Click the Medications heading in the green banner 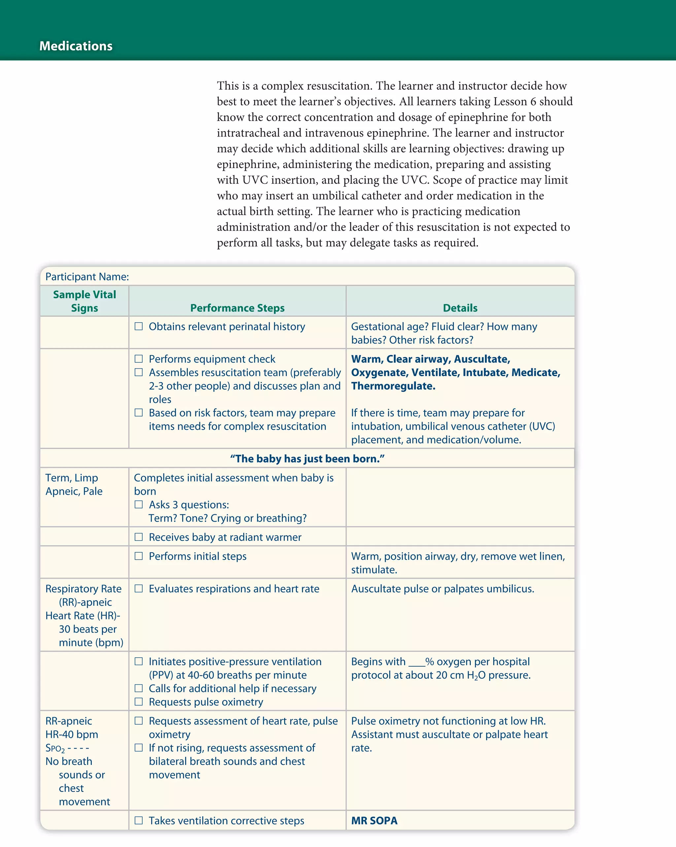pos(76,46)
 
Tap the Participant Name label pos(87,277)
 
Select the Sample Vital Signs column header pos(84,301)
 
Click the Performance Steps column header pos(237,308)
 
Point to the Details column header pos(460,308)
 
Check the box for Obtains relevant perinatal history pos(139,326)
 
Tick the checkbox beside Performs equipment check pos(139,359)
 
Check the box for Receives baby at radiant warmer pos(139,537)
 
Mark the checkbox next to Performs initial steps pos(139,556)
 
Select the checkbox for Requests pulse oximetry pos(139,701)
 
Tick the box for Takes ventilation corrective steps pos(139,820)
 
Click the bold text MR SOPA pos(374,821)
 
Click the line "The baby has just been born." pos(307,458)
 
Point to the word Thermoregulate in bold pos(393,386)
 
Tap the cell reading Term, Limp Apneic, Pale pos(74,484)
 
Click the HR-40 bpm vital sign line pos(72,734)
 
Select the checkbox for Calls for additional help pos(139,688)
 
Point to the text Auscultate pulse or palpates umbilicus pos(443,589)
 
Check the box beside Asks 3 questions pos(139,505)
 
